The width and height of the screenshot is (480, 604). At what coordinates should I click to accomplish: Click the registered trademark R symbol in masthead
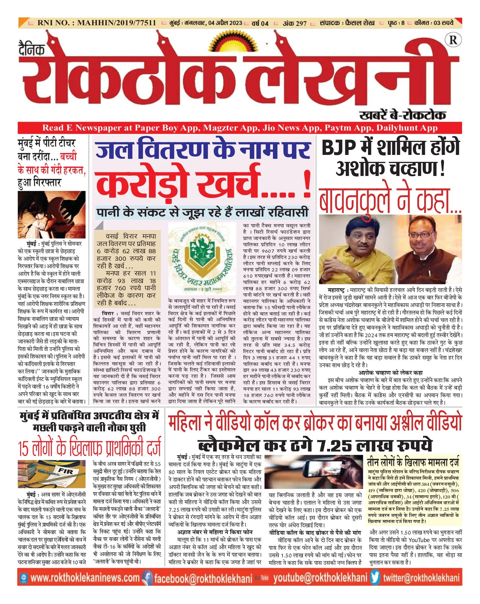[x=453, y=40]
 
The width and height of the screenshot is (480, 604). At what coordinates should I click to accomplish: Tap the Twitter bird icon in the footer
[x=375, y=578]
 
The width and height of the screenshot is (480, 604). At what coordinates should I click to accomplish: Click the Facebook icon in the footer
[x=147, y=578]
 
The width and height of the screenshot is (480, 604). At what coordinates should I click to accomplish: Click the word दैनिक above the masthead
[x=32, y=49]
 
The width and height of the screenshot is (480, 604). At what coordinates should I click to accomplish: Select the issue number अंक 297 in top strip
[x=295, y=23]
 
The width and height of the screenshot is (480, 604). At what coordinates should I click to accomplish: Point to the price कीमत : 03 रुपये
[x=434, y=23]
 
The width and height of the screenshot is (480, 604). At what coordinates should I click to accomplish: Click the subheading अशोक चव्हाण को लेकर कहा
[x=390, y=373]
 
